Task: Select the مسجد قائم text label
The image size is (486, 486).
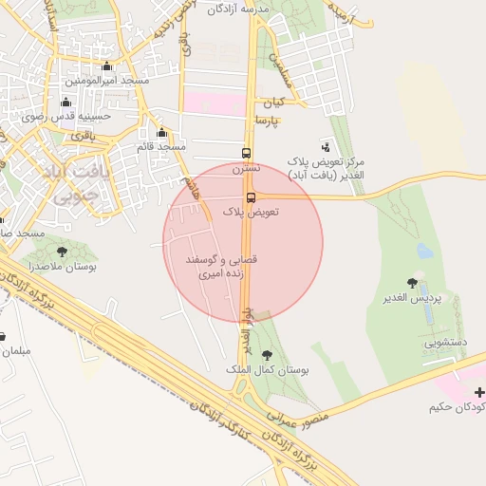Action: click(160, 146)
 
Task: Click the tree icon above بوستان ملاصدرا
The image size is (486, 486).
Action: click(62, 252)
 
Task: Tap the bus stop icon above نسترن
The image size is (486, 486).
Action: click(247, 153)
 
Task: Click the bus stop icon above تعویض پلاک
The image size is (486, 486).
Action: click(252, 197)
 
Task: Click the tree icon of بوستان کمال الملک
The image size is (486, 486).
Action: click(266, 355)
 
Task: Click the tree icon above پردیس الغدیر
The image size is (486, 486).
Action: click(412, 283)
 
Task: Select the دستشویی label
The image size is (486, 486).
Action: click(445, 343)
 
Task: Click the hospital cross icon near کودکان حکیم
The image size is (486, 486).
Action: click(479, 392)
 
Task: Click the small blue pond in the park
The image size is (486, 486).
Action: click(423, 251)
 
